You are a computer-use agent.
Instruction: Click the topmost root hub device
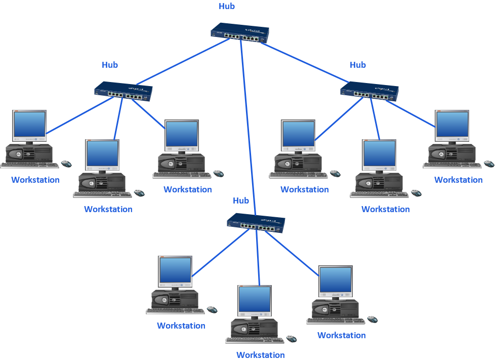click(x=240, y=34)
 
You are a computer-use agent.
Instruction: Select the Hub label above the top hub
click(x=227, y=7)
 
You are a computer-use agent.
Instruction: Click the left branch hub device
click(x=123, y=92)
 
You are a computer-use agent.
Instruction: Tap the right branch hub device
click(x=369, y=92)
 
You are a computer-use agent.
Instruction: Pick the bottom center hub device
click(x=256, y=223)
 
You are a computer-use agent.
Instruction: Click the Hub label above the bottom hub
click(x=241, y=201)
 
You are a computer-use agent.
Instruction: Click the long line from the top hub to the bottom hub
click(x=248, y=127)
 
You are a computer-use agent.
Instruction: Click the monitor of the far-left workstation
click(x=29, y=124)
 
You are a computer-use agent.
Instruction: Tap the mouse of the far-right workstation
click(x=488, y=164)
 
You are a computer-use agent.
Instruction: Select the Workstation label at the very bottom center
click(x=261, y=355)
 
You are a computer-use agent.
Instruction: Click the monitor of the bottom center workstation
click(x=255, y=299)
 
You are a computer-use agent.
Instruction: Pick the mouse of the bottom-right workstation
click(x=372, y=319)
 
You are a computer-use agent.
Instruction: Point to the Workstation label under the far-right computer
click(x=458, y=180)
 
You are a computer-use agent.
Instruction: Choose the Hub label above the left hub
click(x=110, y=65)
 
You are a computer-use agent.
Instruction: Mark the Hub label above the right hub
click(x=358, y=65)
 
